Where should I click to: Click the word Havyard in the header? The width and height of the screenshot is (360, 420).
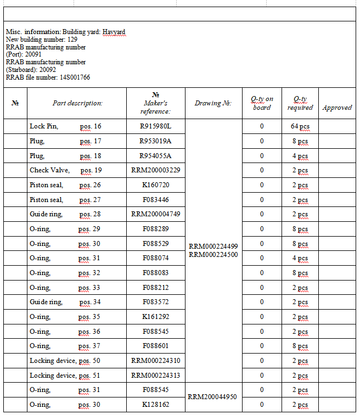coord(114,32)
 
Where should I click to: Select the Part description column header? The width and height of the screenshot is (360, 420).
coord(77,103)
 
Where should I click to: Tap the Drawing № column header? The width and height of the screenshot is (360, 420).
coord(213,103)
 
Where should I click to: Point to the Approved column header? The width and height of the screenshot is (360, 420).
coord(337,108)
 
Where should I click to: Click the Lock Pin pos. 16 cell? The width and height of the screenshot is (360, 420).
coord(65,127)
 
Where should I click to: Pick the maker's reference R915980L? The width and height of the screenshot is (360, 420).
coord(155,127)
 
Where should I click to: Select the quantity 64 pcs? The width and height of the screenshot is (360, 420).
coord(300,127)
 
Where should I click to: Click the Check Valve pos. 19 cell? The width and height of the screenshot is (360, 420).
coord(65,171)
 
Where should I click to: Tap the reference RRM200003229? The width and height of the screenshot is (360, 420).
coord(155,171)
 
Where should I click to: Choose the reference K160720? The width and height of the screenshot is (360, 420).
coord(155,185)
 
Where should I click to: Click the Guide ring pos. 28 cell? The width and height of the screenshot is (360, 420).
coord(65,215)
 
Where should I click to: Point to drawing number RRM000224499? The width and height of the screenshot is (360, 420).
coord(213,247)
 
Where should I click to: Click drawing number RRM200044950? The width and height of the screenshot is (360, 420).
coord(213,397)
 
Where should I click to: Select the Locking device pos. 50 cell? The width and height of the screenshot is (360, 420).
coord(65,361)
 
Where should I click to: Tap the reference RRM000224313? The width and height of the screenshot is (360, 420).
coord(155,376)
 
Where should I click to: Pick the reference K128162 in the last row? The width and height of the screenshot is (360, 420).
coord(155,405)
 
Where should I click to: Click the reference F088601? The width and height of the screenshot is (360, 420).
coord(155,346)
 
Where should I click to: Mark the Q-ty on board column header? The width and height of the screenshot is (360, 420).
coord(262,103)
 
